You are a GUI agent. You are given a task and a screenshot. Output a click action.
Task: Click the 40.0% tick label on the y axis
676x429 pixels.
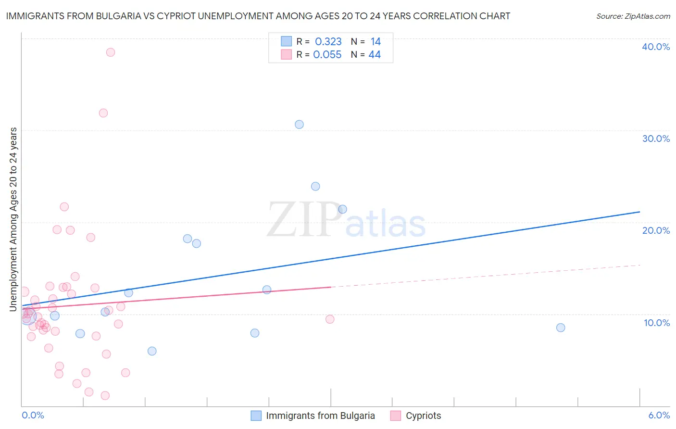pyautogui.click(x=656, y=47)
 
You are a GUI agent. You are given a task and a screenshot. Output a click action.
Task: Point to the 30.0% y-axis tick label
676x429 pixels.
pyautogui.click(x=656, y=139)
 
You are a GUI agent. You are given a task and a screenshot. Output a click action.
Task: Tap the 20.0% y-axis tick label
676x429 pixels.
pyautogui.click(x=656, y=230)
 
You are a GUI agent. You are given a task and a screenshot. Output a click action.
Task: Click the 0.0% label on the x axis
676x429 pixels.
pyautogui.click(x=33, y=415)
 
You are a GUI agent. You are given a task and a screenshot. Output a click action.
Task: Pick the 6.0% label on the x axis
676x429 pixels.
pyautogui.click(x=659, y=415)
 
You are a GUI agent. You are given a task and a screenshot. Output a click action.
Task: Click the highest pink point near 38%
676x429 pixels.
pyautogui.click(x=111, y=52)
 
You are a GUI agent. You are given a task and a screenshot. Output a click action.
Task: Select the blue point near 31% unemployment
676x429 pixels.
pyautogui.click(x=299, y=125)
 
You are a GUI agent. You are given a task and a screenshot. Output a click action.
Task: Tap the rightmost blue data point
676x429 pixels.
pyautogui.click(x=561, y=328)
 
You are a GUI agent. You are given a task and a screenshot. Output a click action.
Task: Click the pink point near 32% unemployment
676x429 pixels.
pyautogui.click(x=103, y=113)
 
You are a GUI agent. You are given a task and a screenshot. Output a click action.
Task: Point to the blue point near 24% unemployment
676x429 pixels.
pyautogui.click(x=315, y=186)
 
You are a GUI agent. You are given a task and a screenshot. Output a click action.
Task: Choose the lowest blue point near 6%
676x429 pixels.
pyautogui.click(x=152, y=351)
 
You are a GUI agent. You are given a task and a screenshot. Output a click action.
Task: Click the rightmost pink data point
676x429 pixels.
pyautogui.click(x=330, y=319)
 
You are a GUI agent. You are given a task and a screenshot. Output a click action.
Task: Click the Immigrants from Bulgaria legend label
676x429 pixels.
pyautogui.click(x=320, y=416)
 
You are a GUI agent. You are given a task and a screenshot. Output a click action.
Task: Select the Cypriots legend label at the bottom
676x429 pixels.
pyautogui.click(x=423, y=416)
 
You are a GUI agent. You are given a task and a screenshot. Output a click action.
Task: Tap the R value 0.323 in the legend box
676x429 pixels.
pyautogui.click(x=328, y=41)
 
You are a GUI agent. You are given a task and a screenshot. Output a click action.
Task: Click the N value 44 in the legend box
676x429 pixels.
pyautogui.click(x=375, y=55)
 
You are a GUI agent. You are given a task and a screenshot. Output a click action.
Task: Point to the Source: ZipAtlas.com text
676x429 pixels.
pyautogui.click(x=633, y=16)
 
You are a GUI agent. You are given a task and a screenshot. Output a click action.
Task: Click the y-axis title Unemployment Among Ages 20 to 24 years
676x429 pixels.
pyautogui.click(x=13, y=219)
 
